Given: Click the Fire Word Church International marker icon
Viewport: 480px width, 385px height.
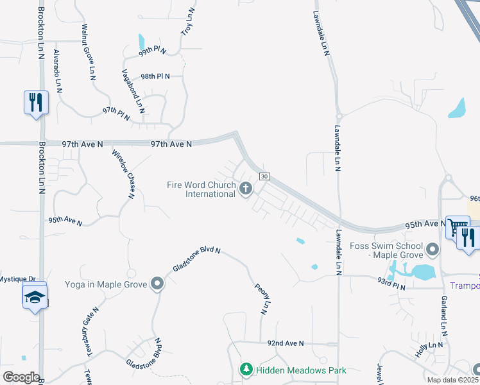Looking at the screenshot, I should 245,189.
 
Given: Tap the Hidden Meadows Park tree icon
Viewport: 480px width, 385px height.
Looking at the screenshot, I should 246,370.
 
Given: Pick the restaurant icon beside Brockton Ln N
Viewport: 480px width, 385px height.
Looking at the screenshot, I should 35,102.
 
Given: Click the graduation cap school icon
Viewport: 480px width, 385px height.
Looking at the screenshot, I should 34,296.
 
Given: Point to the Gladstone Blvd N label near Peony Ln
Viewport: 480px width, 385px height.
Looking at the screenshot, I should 196,259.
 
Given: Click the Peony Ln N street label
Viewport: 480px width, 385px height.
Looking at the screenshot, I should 260,299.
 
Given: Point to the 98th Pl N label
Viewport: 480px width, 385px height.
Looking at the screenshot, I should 155,76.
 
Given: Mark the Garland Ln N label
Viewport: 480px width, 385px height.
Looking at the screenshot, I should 442,316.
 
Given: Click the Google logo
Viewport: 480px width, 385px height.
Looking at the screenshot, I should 21,377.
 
